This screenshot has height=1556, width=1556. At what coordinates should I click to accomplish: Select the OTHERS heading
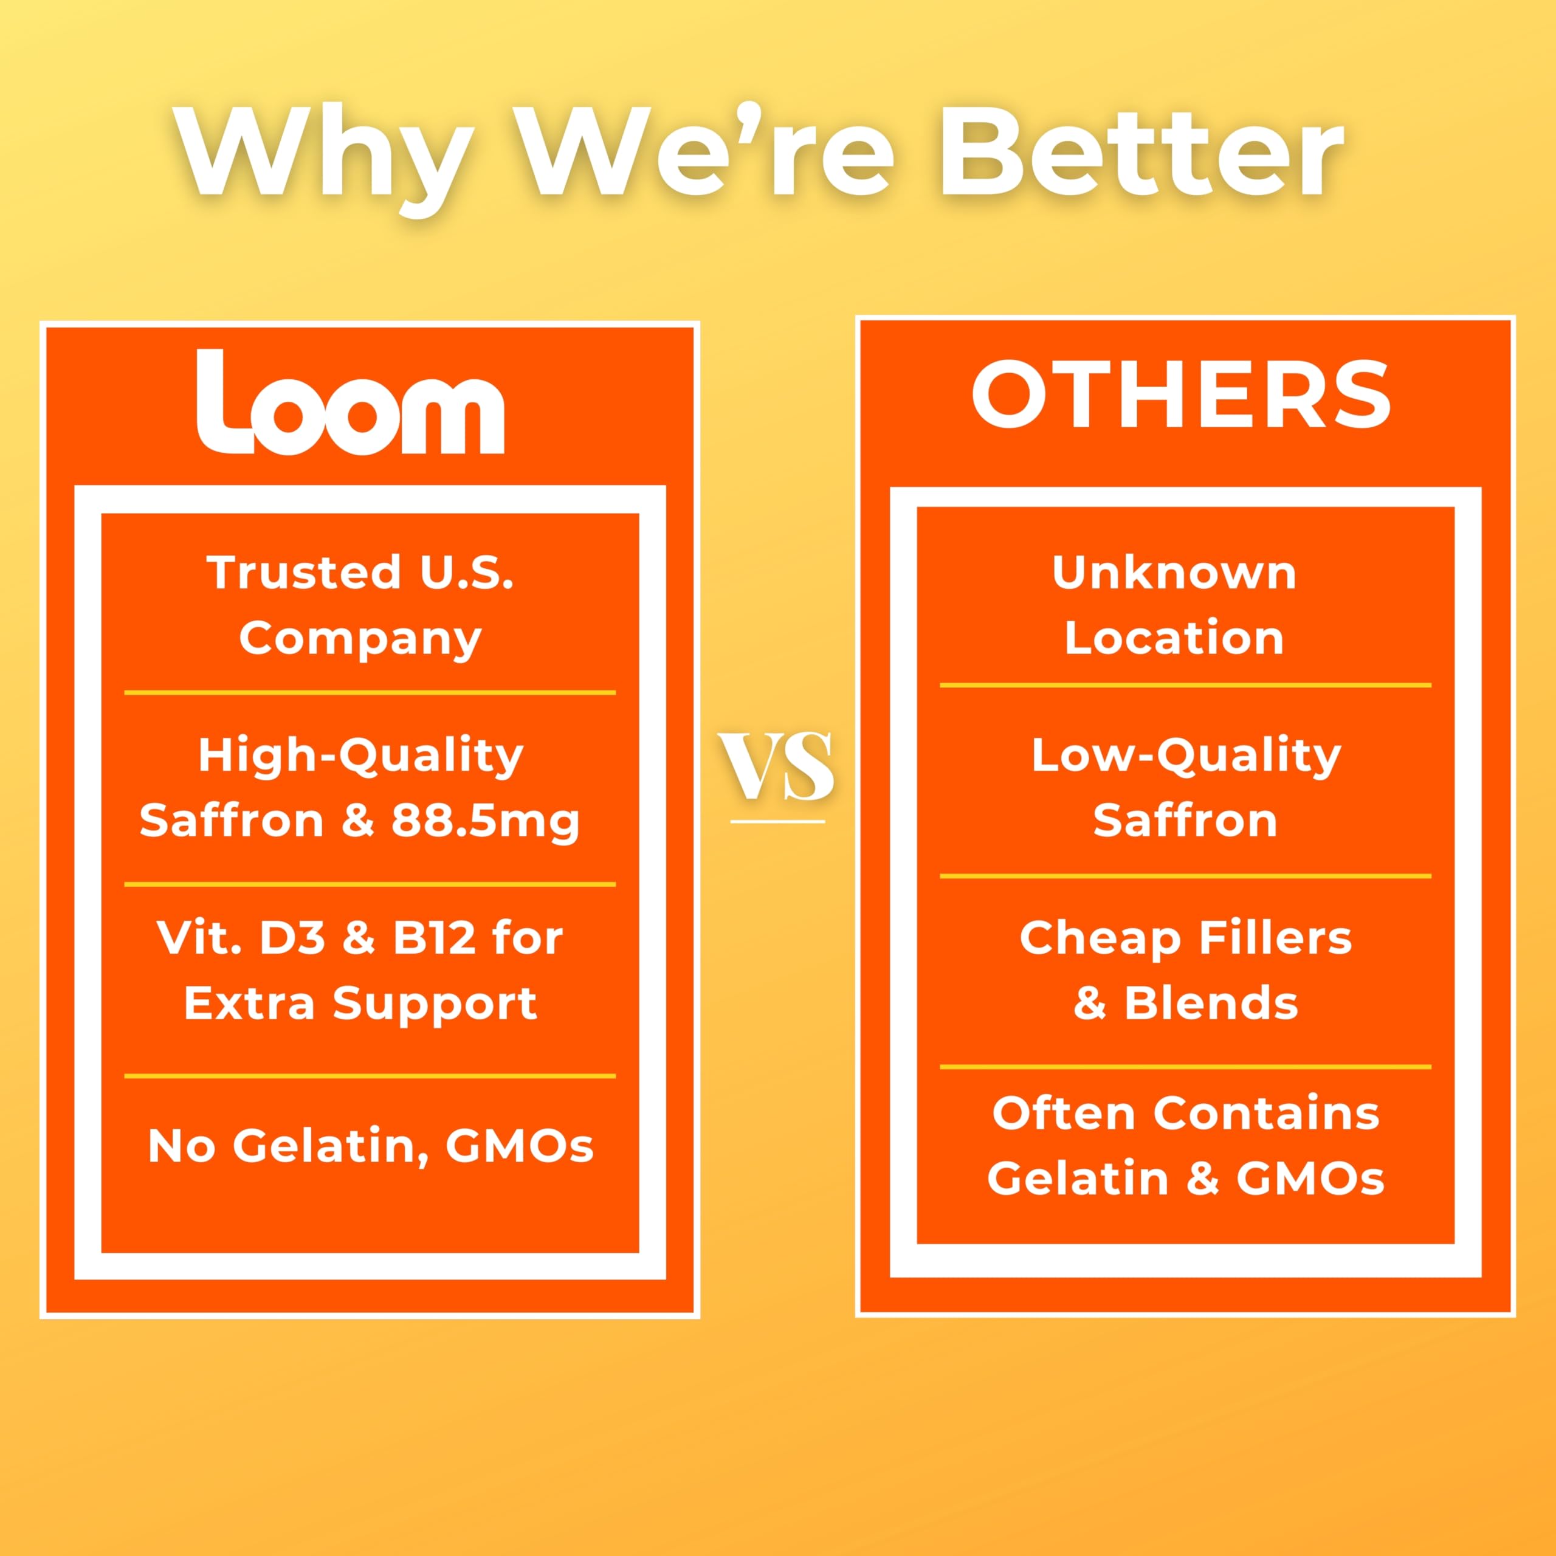click(1182, 394)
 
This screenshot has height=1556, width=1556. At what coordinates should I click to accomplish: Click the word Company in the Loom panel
click(360, 640)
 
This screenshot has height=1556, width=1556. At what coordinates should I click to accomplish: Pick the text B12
click(433, 937)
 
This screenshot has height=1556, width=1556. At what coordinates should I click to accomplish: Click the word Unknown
click(1174, 573)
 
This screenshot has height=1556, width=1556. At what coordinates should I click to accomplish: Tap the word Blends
click(1211, 1003)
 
